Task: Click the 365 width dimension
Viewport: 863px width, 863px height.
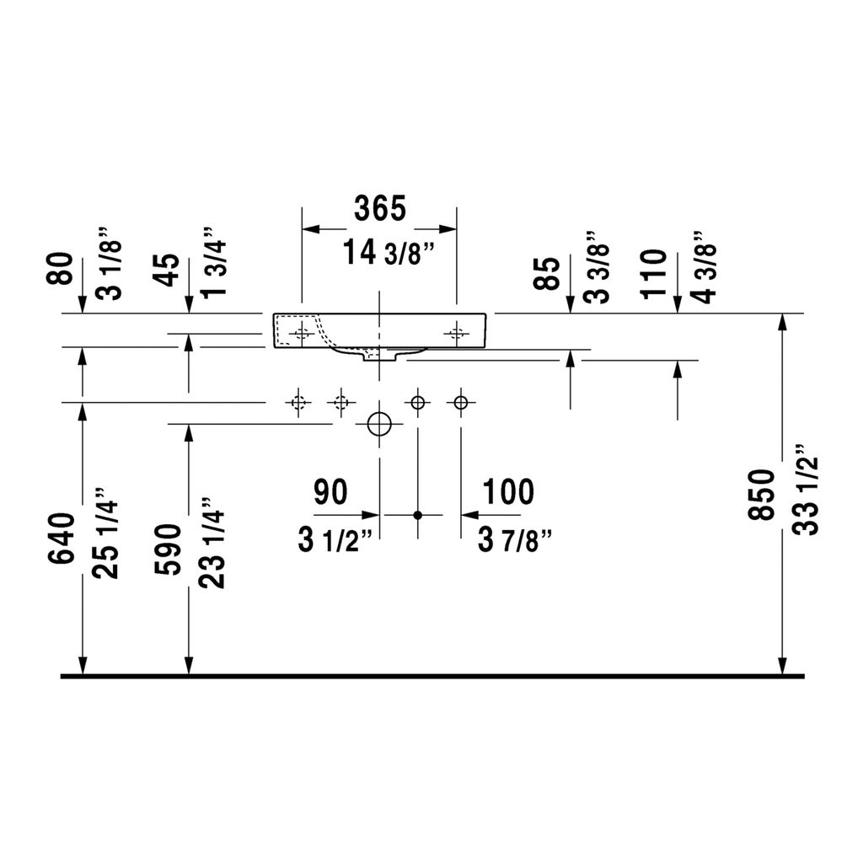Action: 380,208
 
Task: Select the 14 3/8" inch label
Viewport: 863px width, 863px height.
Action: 388,253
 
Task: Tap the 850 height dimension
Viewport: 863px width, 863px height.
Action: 761,494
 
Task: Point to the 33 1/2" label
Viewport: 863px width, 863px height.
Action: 807,489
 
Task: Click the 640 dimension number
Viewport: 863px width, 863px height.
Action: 61,538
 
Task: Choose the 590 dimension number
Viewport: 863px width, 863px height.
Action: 168,549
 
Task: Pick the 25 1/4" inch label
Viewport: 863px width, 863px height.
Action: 105,533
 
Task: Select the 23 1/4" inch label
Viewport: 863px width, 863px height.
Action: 212,543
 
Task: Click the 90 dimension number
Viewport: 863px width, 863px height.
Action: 330,491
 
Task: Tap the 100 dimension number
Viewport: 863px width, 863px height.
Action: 508,491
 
